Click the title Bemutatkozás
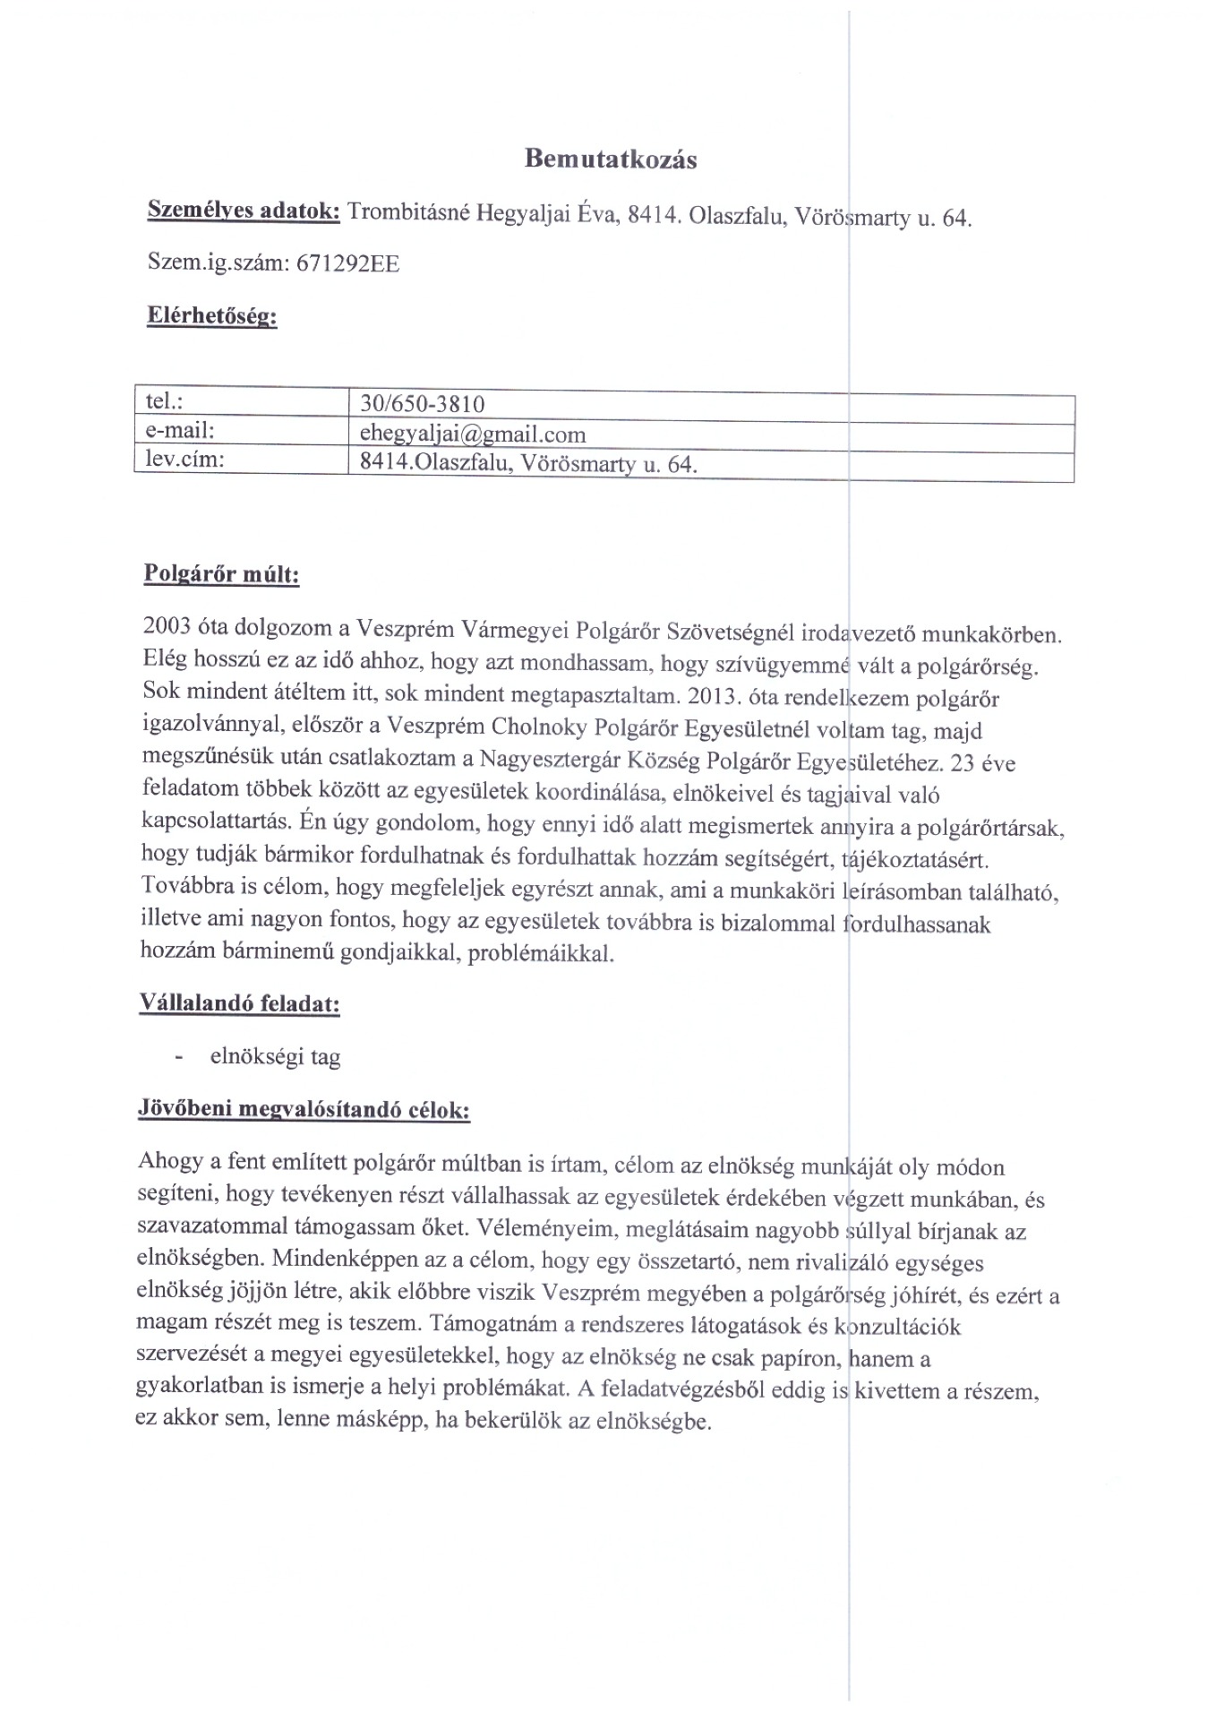611,159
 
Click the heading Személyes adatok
243,211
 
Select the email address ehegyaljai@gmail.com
472,435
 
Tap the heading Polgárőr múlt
221,573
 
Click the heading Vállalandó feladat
239,1002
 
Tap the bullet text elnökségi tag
275,1057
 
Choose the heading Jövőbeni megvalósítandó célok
304,1110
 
